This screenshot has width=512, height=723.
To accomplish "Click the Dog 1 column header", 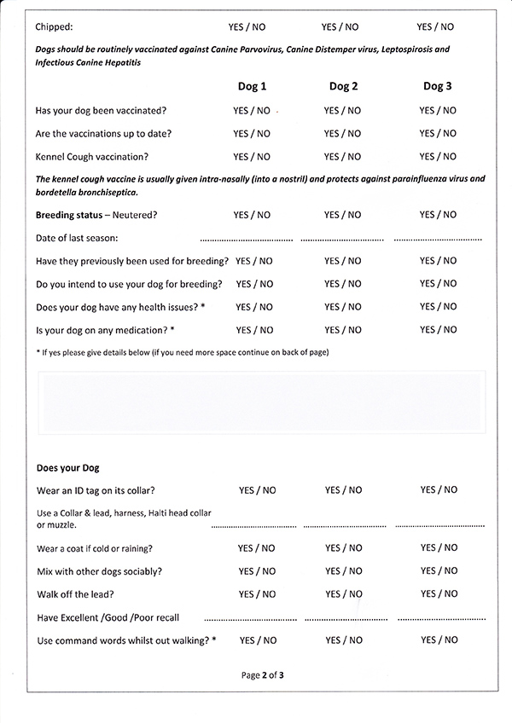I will pyautogui.click(x=251, y=86).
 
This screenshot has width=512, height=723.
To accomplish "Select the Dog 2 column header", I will pyautogui.click(x=343, y=86).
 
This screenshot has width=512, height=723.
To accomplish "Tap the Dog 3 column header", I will pyautogui.click(x=437, y=86).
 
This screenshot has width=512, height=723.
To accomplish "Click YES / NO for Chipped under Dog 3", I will pyautogui.click(x=435, y=27).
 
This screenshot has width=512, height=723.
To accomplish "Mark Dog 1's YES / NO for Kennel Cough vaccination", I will pyautogui.click(x=252, y=157).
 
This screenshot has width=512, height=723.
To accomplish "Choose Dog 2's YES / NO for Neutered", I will pyautogui.click(x=342, y=215).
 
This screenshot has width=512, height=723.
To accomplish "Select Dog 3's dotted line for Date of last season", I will pyautogui.click(x=437, y=240).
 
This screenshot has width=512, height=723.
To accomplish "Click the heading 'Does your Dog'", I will pyautogui.click(x=68, y=468).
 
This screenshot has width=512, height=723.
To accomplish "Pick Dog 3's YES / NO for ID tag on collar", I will pyautogui.click(x=439, y=490).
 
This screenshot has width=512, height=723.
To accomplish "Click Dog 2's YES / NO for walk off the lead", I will pyautogui.click(x=344, y=594).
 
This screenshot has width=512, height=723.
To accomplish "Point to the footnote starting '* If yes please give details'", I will pyautogui.click(x=183, y=352).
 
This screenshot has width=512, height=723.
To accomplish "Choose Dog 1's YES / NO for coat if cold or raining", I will pyautogui.click(x=257, y=548).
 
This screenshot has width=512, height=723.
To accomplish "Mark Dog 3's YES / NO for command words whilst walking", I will pyautogui.click(x=439, y=640).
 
